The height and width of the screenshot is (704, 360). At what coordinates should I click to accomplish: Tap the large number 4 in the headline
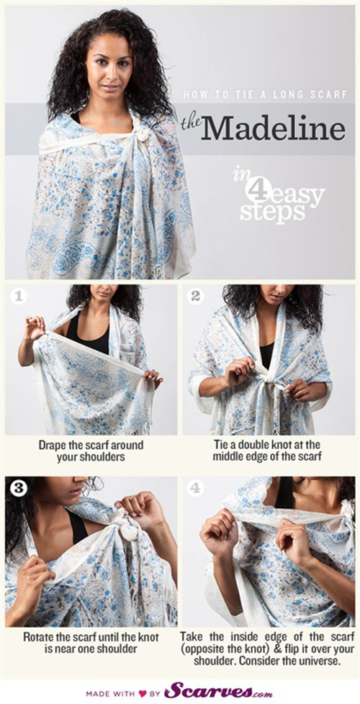254,189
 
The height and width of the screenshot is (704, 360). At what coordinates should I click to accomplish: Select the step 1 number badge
19,296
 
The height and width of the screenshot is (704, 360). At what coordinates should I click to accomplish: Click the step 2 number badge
195,296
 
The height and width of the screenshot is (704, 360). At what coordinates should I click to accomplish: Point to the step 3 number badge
19,488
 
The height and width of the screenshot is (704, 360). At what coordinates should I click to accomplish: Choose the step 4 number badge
195,488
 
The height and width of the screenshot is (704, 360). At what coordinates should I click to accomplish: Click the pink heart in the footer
143,693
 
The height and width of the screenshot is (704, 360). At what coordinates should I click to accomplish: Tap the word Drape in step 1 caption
50,446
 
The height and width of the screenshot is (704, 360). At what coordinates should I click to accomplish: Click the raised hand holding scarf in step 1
35,327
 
